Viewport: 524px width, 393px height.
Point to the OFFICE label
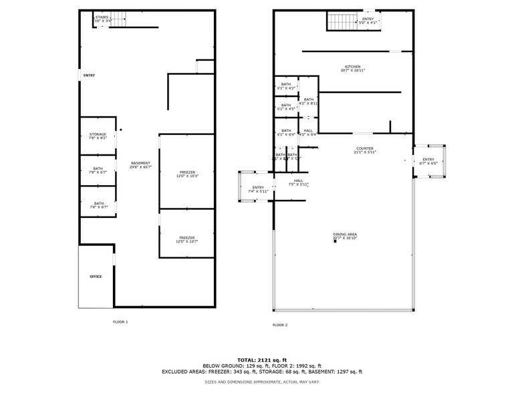click(x=96, y=276)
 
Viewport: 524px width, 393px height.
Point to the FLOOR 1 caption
click(x=120, y=321)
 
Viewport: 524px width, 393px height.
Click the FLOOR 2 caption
click(x=279, y=325)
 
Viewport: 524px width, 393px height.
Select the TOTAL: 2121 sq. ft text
click(x=261, y=360)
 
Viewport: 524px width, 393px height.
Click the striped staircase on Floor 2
click(x=342, y=22)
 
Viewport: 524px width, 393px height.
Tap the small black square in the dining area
click(x=335, y=241)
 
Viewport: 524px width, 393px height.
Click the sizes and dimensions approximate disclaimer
click(x=261, y=381)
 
